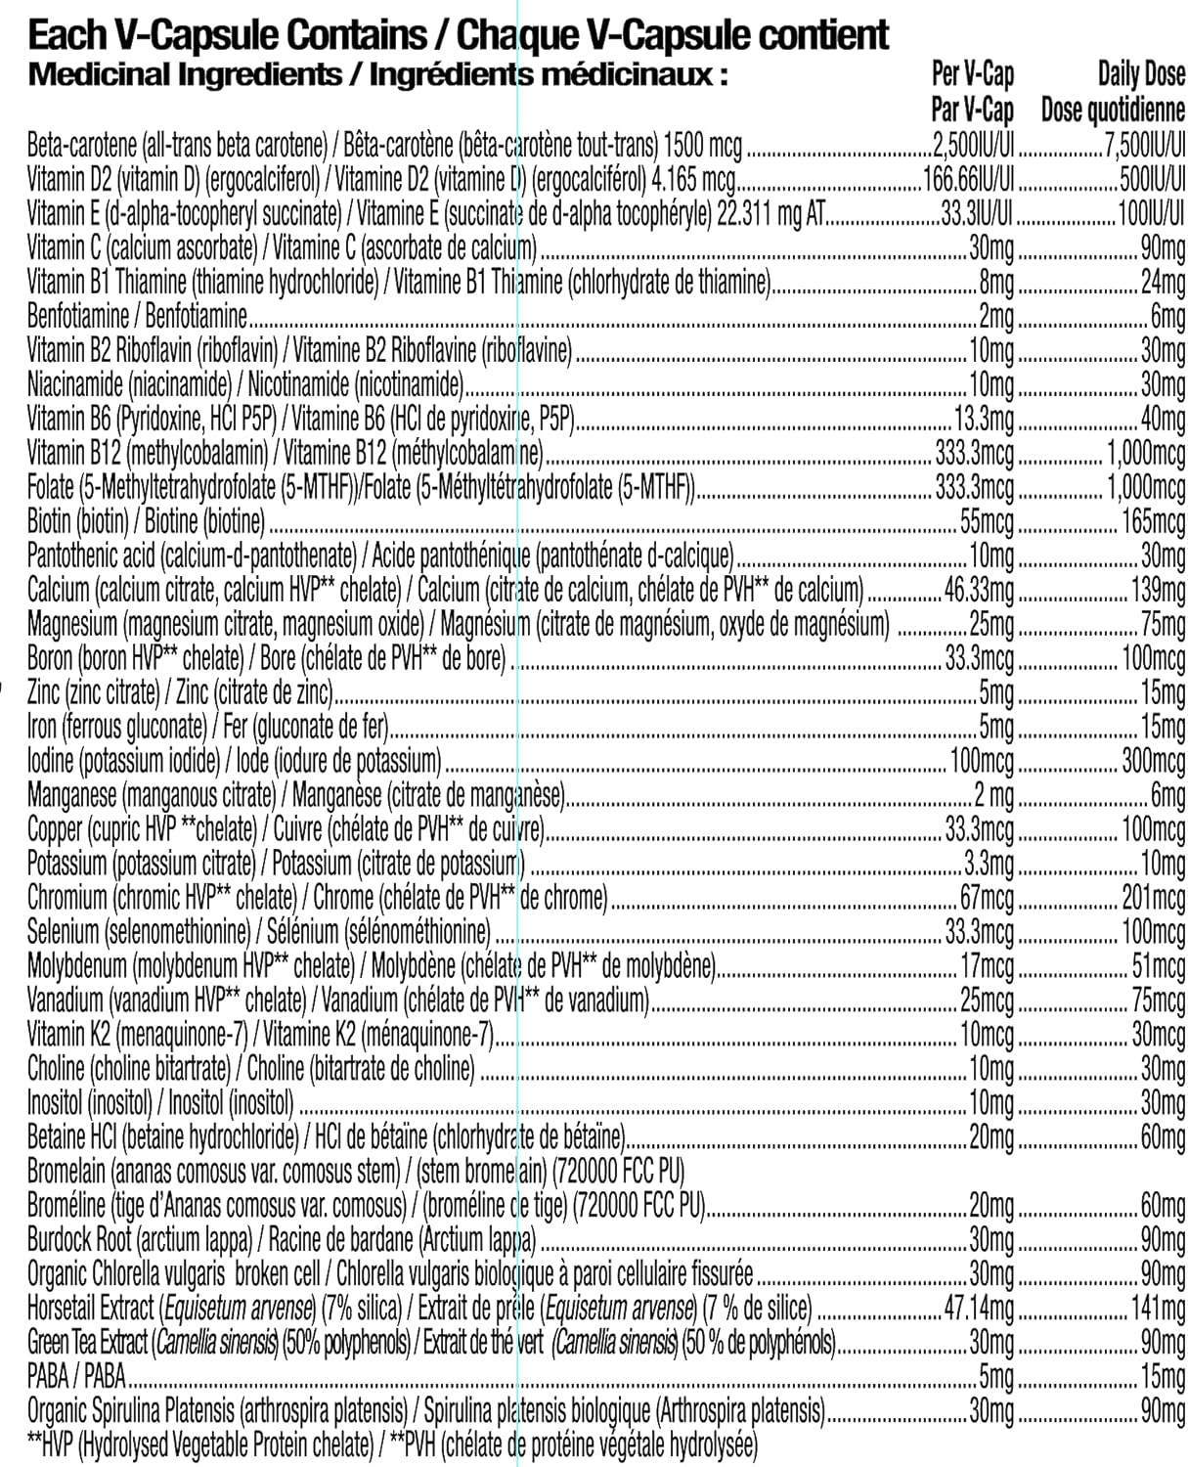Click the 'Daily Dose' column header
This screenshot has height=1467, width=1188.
click(1141, 73)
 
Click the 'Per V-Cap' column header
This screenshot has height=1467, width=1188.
click(973, 73)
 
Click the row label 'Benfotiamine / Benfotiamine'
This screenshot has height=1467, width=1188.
click(137, 317)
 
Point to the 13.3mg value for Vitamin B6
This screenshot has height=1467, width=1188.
click(985, 420)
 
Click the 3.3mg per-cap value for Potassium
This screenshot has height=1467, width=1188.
click(990, 863)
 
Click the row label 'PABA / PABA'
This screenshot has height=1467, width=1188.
click(77, 1376)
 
